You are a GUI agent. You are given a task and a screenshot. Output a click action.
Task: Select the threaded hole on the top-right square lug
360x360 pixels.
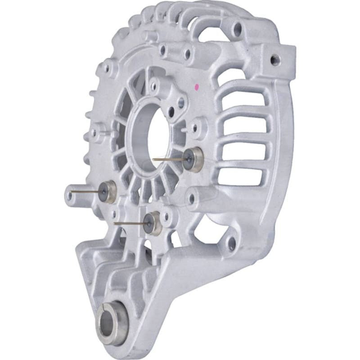click(x=274, y=59)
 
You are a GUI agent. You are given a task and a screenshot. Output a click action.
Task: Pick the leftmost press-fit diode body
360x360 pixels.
click(x=107, y=191)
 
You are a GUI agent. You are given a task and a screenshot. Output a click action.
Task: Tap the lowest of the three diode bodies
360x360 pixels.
click(x=151, y=223)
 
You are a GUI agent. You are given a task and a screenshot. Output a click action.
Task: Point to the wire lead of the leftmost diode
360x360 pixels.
click(x=85, y=191)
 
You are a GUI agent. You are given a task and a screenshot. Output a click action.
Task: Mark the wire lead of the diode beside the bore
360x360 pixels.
click(x=169, y=159)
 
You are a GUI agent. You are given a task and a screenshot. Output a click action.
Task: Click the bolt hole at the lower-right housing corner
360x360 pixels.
click(x=232, y=243)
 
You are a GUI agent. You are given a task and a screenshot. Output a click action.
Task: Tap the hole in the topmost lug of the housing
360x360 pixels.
click(x=237, y=30)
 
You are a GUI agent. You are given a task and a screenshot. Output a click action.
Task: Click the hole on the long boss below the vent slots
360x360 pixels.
click(x=192, y=198)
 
